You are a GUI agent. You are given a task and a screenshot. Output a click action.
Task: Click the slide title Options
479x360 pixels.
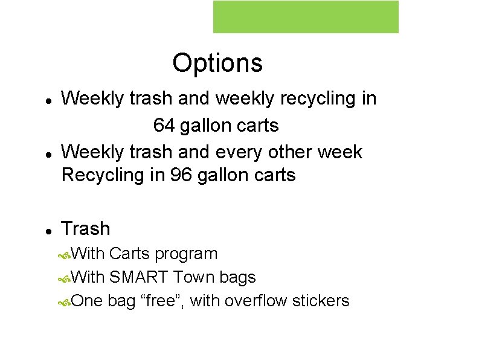click(217, 63)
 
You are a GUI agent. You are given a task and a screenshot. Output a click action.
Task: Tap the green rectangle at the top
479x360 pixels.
click(306, 17)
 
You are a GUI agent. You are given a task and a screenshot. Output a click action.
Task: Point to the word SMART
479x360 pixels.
click(139, 277)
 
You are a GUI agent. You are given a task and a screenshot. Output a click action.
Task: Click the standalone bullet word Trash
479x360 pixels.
click(86, 229)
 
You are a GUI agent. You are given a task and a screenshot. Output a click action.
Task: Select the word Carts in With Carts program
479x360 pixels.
click(130, 254)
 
